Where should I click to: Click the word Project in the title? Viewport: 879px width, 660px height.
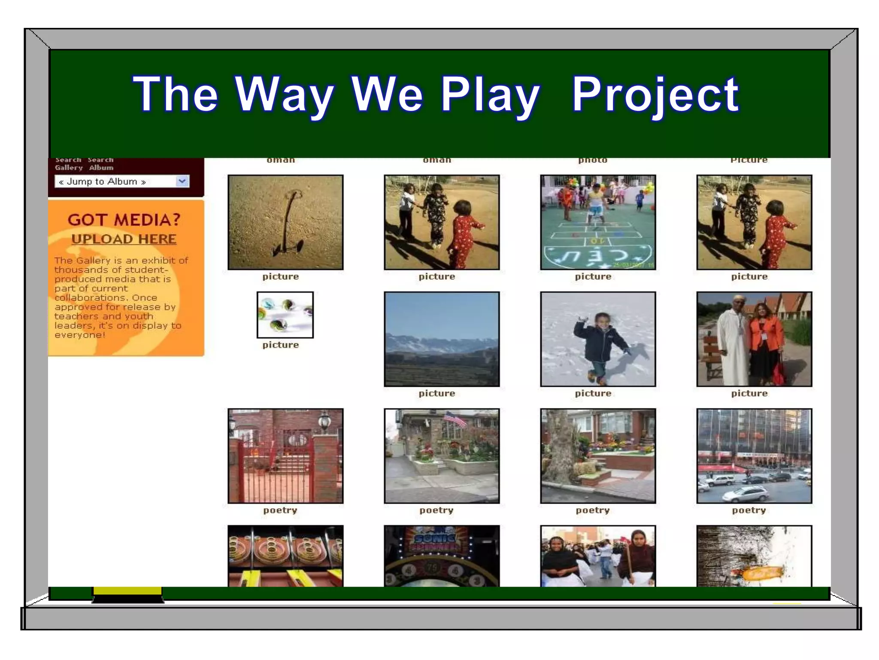click(655, 95)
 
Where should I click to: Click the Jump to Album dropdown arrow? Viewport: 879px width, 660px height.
click(182, 181)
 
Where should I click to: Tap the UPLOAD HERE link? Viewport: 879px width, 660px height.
click(124, 239)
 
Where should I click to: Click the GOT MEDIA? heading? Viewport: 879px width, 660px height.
click(124, 220)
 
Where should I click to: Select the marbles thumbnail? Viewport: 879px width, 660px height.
click(285, 315)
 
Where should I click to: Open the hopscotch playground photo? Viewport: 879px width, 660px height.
click(597, 222)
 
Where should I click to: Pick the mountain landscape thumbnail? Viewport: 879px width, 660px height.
click(442, 339)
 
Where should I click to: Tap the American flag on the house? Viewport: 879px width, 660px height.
click(455, 418)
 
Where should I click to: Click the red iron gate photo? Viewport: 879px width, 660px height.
click(285, 456)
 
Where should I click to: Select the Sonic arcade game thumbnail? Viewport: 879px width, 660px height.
click(442, 556)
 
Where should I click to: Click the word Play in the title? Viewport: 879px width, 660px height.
click(489, 95)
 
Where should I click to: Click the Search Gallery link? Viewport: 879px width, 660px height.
click(68, 164)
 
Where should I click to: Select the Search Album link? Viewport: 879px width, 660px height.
click(101, 164)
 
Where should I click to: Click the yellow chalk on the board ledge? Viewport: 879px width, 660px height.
click(127, 591)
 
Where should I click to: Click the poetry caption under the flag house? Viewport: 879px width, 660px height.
click(436, 510)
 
